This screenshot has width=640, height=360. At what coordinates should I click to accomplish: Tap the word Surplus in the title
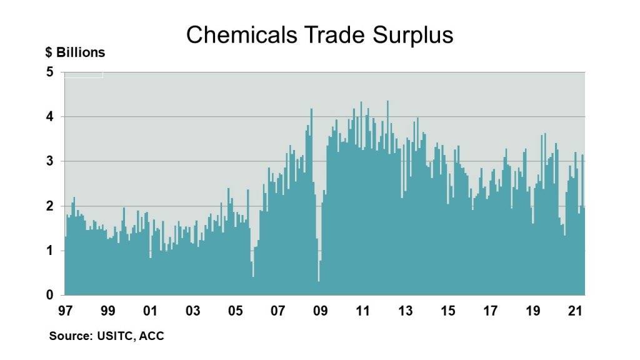click(412, 35)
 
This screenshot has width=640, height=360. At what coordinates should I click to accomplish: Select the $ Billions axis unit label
click(75, 52)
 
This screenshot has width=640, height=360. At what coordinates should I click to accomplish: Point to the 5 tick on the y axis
click(49, 72)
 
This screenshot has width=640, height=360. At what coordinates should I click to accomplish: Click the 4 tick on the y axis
click(49, 117)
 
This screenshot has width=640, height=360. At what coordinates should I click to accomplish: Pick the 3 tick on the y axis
click(49, 162)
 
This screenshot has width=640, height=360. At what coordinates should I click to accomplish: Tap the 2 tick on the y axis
click(49, 206)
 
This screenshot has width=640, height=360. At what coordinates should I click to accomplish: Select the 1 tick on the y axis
click(49, 251)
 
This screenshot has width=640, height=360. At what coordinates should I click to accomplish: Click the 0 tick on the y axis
click(49, 296)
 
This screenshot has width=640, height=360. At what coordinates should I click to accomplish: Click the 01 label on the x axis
click(150, 311)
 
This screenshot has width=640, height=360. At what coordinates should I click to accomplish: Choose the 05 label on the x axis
click(235, 311)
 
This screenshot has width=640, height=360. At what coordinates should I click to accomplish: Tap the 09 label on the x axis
click(320, 311)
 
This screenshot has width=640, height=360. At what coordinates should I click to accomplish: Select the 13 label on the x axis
click(405, 311)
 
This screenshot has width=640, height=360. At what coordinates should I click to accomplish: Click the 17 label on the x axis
click(490, 311)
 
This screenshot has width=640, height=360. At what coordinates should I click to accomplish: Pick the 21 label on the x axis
click(575, 311)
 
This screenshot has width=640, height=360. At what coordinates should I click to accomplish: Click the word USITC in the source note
click(114, 336)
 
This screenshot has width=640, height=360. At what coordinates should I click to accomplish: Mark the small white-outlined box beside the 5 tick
click(84, 75)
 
